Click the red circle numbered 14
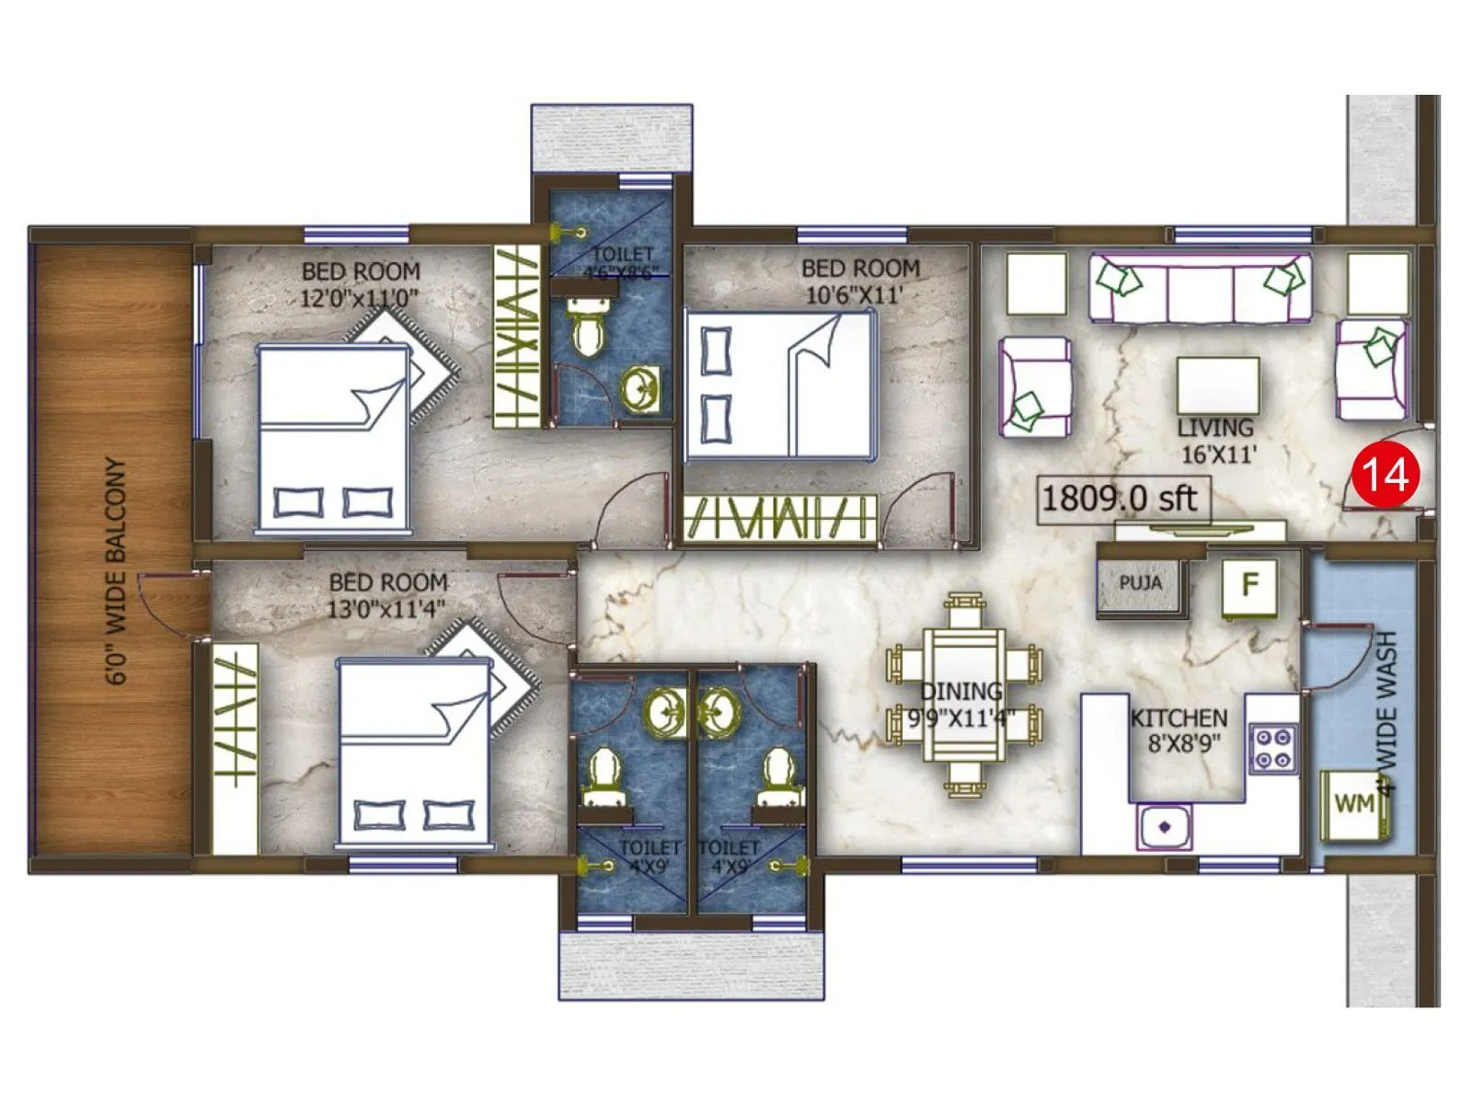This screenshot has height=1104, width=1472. pyautogui.click(x=1385, y=475)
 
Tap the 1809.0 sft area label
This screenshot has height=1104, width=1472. pyautogui.click(x=1119, y=499)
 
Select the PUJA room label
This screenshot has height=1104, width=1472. pyautogui.click(x=1140, y=583)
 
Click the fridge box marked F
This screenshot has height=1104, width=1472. pyautogui.click(x=1248, y=585)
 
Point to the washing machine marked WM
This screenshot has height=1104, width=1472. pyautogui.click(x=1354, y=804)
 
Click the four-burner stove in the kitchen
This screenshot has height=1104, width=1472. pyautogui.click(x=1273, y=748)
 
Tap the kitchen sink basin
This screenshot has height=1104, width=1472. pyautogui.click(x=1164, y=826)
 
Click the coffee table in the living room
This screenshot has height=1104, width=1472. pyautogui.click(x=1218, y=385)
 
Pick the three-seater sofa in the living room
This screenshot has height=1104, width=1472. pyautogui.click(x=1200, y=289)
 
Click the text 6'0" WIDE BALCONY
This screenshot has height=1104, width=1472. pyautogui.click(x=117, y=570)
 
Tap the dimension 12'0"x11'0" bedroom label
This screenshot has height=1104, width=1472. pyautogui.click(x=360, y=298)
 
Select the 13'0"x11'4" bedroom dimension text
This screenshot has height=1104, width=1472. pyautogui.click(x=386, y=609)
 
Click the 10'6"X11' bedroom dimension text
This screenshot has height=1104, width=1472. pyautogui.click(x=855, y=295)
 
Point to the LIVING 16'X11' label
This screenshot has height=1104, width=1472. pyautogui.click(x=1217, y=441)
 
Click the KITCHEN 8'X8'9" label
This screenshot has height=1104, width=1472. pyautogui.click(x=1179, y=730)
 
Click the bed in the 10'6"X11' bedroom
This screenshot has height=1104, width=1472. pyautogui.click(x=778, y=385)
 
